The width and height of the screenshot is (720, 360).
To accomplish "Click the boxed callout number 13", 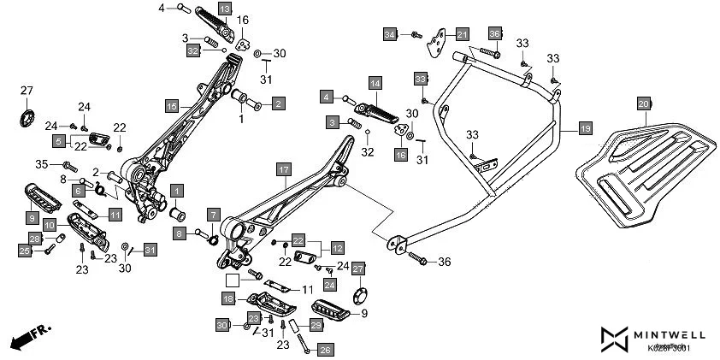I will click(224, 8).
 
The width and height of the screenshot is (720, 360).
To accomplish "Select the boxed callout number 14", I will click(375, 83).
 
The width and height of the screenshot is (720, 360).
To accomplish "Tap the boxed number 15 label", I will click(172, 105).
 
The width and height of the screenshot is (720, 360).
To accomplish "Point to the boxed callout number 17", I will click(283, 170).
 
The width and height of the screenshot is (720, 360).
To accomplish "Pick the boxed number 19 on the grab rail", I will click(585, 129).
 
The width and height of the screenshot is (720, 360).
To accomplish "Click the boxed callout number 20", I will click(643, 103).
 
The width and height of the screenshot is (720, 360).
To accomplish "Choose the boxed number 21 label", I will click(462, 34).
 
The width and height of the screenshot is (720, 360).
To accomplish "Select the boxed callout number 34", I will click(390, 34).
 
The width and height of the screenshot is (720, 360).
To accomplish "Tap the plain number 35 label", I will click(42, 163).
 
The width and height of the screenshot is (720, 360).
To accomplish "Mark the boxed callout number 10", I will click(50, 225).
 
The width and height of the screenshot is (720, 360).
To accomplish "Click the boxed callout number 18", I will click(228, 298).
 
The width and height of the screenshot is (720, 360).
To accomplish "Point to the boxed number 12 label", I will click(337, 248).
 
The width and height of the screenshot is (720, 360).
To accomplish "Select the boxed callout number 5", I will click(59, 140).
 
